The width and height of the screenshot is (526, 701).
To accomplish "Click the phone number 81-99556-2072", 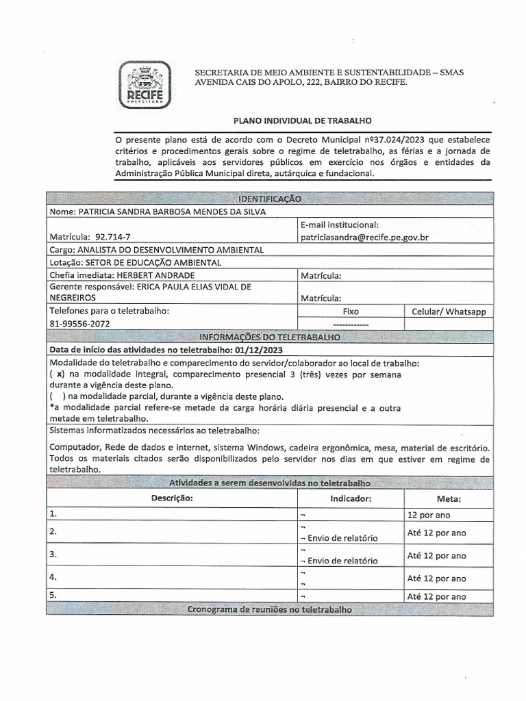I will pos(79,323).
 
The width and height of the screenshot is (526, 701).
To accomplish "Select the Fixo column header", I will pos(351,311).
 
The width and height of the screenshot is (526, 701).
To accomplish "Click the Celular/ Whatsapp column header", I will pos(449,311).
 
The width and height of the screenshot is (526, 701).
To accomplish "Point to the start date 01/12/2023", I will pos(259,350).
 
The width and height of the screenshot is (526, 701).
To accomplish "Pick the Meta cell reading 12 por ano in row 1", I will pos(429,515).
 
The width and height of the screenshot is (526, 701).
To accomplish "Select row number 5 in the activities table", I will pos(52,596).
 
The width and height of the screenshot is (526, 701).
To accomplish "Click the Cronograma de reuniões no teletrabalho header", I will pos(269,609).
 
